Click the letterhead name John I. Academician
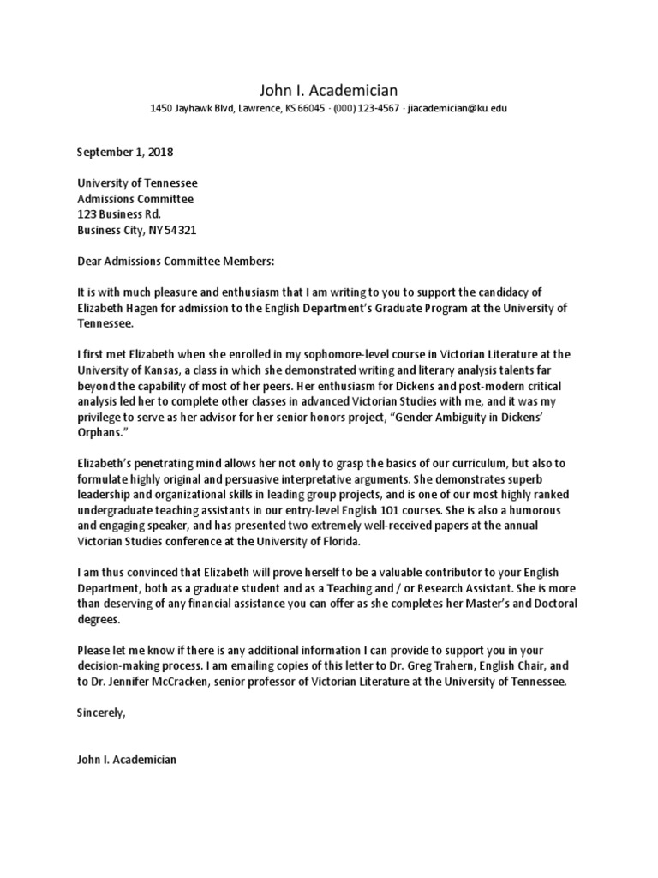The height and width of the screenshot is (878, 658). [328, 90]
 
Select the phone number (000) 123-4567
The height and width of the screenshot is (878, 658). [366, 109]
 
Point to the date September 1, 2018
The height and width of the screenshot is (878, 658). [125, 153]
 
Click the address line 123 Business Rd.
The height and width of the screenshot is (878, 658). [119, 214]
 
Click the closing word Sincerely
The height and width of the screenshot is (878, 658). [101, 712]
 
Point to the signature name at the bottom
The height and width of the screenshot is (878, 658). [127, 758]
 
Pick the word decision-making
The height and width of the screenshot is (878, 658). [123, 665]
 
